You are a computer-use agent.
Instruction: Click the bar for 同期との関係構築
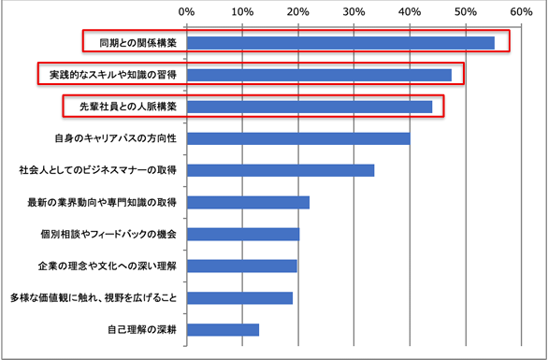click(340, 43)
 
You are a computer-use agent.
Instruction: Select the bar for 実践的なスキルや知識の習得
click(319, 75)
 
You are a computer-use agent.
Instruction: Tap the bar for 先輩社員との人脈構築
click(310, 107)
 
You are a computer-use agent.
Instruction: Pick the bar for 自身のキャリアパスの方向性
click(298, 138)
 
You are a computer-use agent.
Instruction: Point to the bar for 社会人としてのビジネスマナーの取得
click(281, 170)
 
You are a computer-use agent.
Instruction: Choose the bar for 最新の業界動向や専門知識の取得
click(248, 202)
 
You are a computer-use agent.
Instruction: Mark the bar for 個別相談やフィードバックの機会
click(243, 234)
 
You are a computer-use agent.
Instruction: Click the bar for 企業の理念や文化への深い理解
click(241, 266)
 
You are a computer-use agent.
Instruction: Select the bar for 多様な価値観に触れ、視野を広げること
click(239, 297)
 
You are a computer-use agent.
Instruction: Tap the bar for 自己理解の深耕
click(223, 329)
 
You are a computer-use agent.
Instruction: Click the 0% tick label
click(186, 12)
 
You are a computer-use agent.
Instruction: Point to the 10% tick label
click(242, 12)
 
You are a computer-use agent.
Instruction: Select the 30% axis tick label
click(353, 12)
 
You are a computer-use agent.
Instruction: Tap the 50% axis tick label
click(465, 12)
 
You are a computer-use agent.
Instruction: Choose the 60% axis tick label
click(520, 12)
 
